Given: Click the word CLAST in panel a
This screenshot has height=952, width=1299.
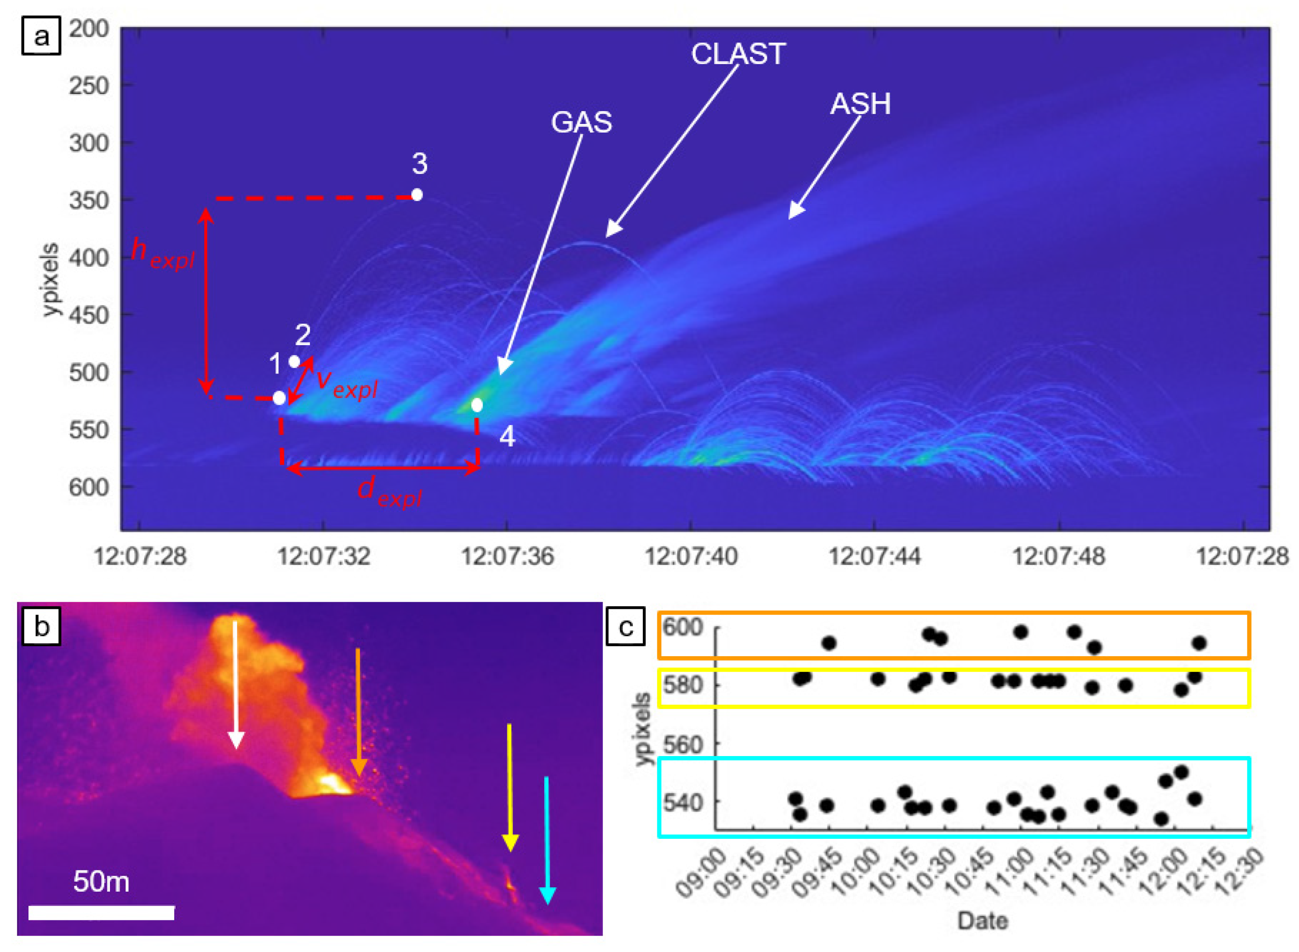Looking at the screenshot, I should pyautogui.click(x=738, y=54).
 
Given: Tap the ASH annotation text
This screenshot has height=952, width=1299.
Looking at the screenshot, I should pyautogui.click(x=860, y=104).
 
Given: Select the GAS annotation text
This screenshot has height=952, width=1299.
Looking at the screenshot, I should pyautogui.click(x=581, y=122).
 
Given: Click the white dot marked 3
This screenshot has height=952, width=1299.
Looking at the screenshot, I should pyautogui.click(x=417, y=195).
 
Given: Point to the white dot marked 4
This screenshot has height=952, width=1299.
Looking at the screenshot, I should pyautogui.click(x=477, y=405).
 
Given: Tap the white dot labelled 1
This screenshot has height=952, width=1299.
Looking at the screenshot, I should pyautogui.click(x=279, y=397).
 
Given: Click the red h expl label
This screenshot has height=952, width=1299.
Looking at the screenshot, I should pyautogui.click(x=162, y=253).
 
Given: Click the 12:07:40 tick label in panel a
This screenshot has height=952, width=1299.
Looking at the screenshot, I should pyautogui.click(x=690, y=557).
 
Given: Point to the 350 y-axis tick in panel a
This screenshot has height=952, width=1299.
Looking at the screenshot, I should pyautogui.click(x=89, y=201).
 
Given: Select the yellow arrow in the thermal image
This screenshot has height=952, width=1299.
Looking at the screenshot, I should pyautogui.click(x=509, y=786).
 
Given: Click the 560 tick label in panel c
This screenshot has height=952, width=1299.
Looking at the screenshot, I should pyautogui.click(x=682, y=744).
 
